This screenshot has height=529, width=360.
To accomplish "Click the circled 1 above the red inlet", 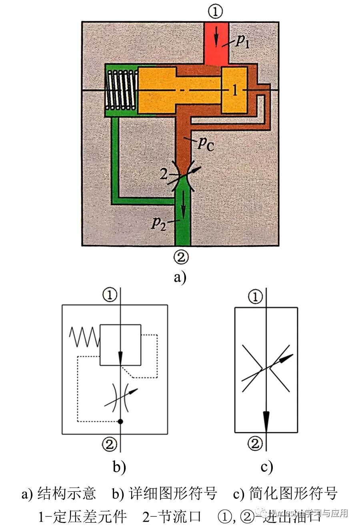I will click(216, 12).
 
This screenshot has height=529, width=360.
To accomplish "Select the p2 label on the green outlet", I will click(158, 222).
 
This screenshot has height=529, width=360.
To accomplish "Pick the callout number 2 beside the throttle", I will click(163, 174).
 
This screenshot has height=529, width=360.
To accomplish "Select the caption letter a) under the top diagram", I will click(180, 277).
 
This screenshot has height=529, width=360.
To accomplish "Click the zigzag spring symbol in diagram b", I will click(84, 337).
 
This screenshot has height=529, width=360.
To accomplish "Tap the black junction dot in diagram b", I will click(120, 421).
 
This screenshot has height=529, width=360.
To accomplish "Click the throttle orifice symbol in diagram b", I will click(121, 397).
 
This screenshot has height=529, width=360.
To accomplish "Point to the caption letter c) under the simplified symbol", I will click(267, 467).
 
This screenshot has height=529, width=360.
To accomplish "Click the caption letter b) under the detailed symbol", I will click(119, 467).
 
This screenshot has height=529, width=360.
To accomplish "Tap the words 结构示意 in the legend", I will click(67, 493).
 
